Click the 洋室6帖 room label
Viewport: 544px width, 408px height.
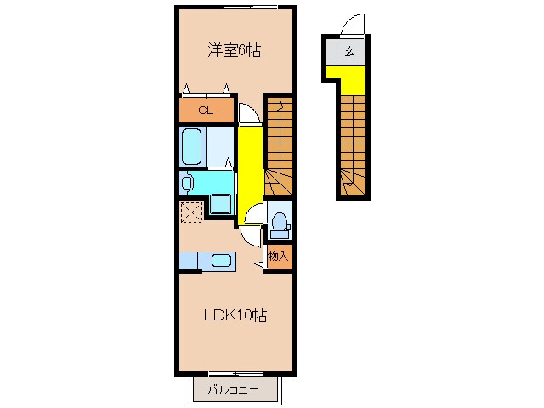click(x=234, y=51)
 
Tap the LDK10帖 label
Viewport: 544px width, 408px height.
click(x=235, y=316)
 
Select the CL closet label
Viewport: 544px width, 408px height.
click(x=205, y=110)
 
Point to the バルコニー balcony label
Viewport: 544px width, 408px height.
click(x=233, y=391)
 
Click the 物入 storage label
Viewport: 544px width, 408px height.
click(x=278, y=255)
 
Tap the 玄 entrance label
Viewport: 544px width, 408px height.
click(x=350, y=51)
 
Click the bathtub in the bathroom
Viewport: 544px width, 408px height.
click(x=192, y=148)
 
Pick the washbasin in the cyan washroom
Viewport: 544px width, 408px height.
click(x=187, y=182)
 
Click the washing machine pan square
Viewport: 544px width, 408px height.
click(x=220, y=204)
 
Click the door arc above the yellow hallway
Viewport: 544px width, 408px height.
click(x=246, y=114)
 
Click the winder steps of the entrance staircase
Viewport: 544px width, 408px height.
click(x=350, y=181)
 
